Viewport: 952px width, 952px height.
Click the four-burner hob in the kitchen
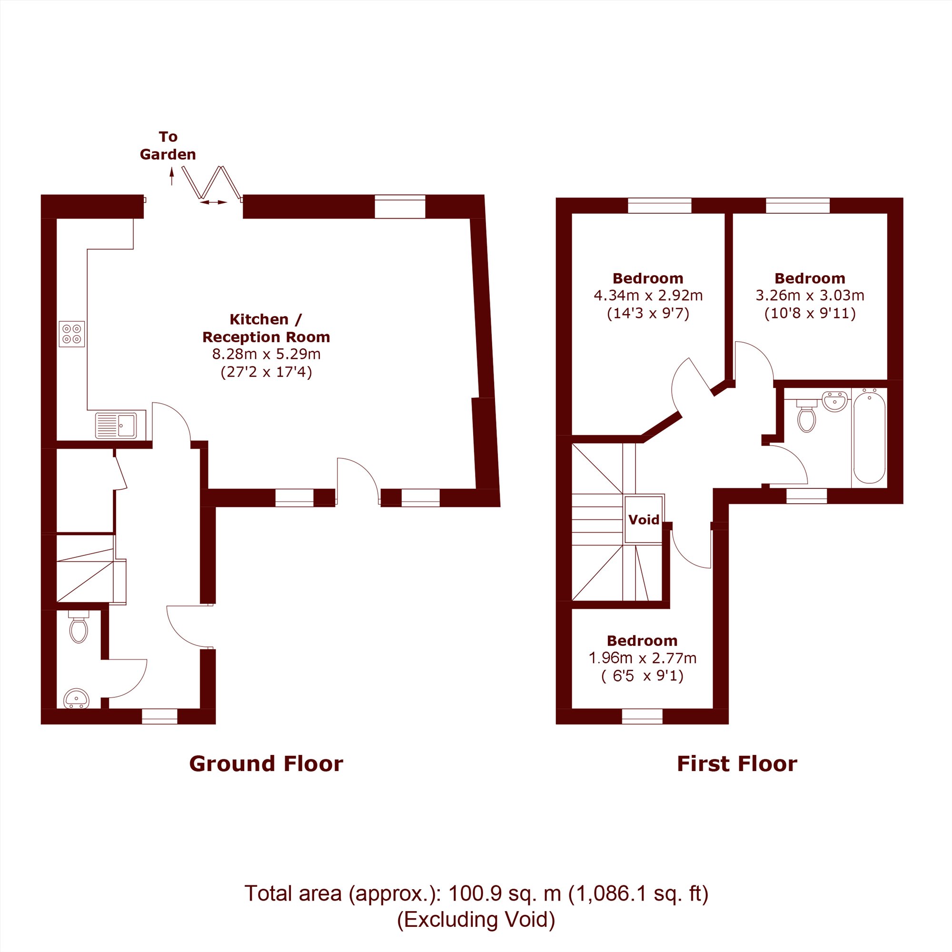tap(72, 334)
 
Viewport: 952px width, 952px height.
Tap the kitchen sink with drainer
tap(116, 425)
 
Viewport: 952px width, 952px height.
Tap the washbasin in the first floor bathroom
tap(835, 401)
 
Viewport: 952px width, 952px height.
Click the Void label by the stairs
tap(644, 520)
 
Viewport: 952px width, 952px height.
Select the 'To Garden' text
tap(168, 145)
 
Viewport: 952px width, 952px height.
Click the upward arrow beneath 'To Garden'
tap(171, 177)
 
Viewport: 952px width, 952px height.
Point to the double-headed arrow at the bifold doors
tap(213, 202)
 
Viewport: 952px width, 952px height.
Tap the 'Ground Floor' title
tap(266, 764)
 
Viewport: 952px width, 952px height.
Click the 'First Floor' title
tap(737, 764)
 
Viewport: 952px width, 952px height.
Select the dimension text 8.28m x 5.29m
tap(266, 354)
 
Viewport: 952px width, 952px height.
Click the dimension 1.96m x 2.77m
tap(643, 658)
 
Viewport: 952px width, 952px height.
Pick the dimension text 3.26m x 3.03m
tap(810, 295)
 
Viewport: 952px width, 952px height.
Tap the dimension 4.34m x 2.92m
tap(648, 295)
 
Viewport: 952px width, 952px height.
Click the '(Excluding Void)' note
tap(476, 920)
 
